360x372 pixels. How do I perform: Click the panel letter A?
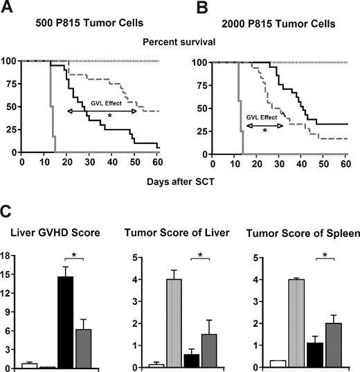tap(6, 8)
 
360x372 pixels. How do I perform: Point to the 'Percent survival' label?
tap(179, 42)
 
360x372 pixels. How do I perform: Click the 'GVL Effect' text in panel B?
tap(262, 118)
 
